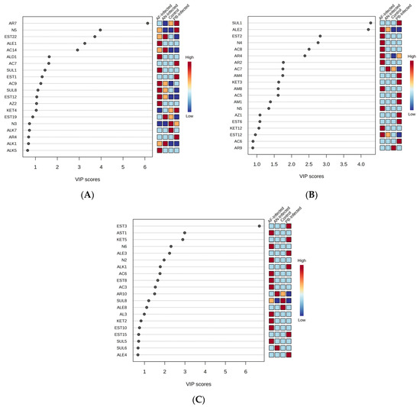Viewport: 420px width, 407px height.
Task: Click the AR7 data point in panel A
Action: coord(147,23)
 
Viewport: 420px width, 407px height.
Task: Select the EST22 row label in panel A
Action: coord(11,37)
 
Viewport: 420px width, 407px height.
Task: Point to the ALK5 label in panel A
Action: coord(11,150)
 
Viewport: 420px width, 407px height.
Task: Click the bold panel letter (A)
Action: coord(89,194)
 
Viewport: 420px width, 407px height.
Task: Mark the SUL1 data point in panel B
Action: coord(370,23)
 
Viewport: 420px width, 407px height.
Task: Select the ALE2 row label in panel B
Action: coord(237,29)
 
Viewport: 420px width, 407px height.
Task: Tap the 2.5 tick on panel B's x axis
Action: coord(309,164)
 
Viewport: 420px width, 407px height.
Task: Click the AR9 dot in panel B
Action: coord(253,147)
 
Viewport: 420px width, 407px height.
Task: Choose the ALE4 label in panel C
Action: coord(122,354)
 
